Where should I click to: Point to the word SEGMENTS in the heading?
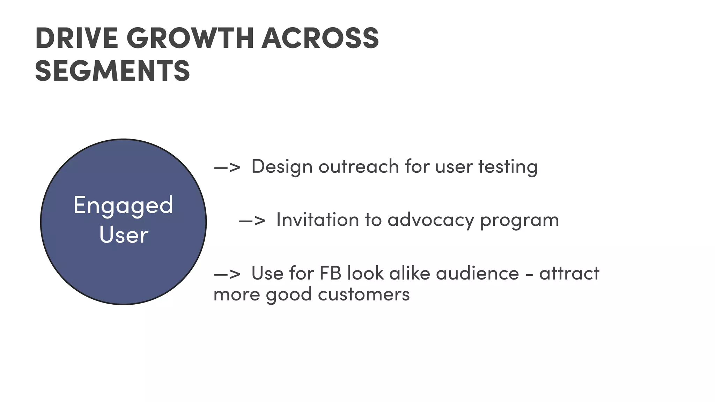pyautogui.click(x=112, y=71)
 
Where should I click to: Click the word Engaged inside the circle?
pyautogui.click(x=123, y=205)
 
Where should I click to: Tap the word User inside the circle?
pyautogui.click(x=124, y=235)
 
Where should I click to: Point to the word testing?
pyautogui.click(x=508, y=167)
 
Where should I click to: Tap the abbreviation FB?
pyautogui.click(x=330, y=273)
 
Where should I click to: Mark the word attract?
pyautogui.click(x=569, y=273)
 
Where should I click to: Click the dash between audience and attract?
pyautogui.click(x=529, y=275)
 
